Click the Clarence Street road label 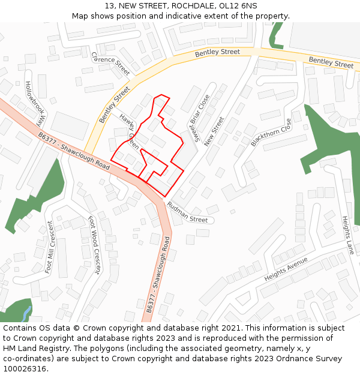pos(111,63)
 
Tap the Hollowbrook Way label pos(35,103)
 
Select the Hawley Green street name pos(130,131)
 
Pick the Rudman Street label pos(187,212)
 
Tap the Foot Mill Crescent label pos(54,247)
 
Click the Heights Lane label pos(347,235)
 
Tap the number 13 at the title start pos(109,5)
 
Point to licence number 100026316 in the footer pos(25,369)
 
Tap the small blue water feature pos(26,313)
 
